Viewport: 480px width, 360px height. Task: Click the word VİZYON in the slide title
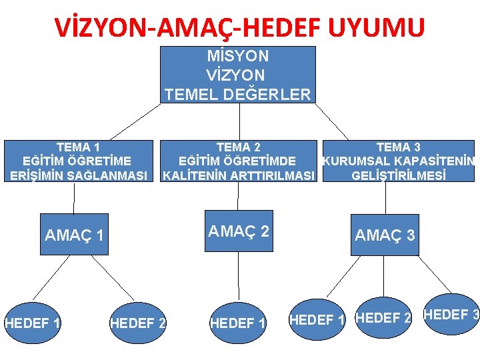pyautogui.click(x=96, y=28)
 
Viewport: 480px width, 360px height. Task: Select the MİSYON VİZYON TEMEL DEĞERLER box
pyautogui.click(x=238, y=75)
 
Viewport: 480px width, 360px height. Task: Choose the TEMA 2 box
pyautogui.click(x=239, y=161)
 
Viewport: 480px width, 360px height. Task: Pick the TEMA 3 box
pyautogui.click(x=398, y=161)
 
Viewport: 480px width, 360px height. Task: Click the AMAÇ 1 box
pyautogui.click(x=74, y=235)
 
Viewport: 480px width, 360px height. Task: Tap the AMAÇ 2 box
pyautogui.click(x=239, y=231)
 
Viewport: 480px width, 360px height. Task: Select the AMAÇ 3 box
pyautogui.click(x=385, y=235)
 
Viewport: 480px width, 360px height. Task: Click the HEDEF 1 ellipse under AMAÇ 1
pyautogui.click(x=32, y=324)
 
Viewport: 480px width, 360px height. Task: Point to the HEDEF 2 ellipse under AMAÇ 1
pyautogui.click(x=138, y=324)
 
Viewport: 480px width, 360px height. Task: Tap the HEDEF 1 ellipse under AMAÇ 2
pyautogui.click(x=238, y=324)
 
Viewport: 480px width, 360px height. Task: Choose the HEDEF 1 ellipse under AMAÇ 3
pyautogui.click(x=318, y=319)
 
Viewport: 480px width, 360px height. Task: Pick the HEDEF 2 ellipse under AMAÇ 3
pyautogui.click(x=384, y=318)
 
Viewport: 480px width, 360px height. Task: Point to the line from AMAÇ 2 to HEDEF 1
pyautogui.click(x=238, y=273)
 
